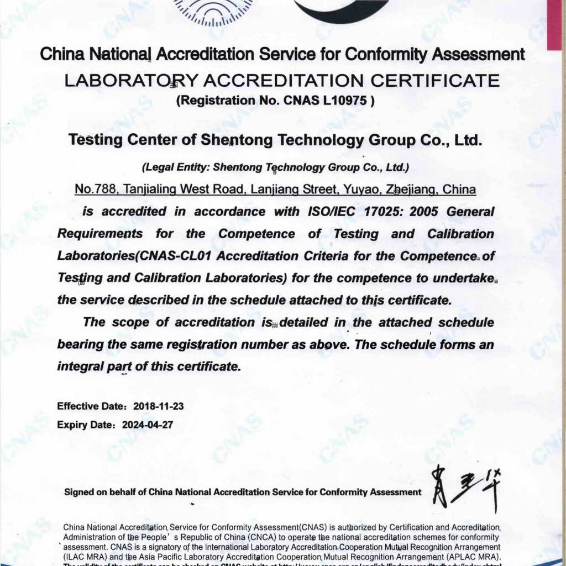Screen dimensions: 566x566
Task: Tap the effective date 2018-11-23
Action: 159,406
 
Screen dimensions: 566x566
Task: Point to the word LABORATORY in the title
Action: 131,81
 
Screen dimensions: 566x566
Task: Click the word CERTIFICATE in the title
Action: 434,81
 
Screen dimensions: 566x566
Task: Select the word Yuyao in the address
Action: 361,190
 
